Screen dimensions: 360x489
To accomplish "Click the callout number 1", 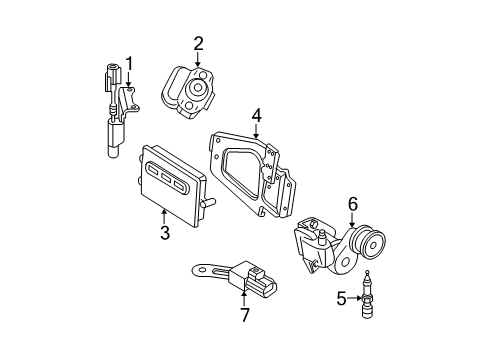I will (128, 63).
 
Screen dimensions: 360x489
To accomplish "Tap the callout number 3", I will (163, 234).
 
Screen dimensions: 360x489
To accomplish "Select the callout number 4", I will (257, 116).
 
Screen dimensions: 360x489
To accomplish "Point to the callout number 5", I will (343, 296).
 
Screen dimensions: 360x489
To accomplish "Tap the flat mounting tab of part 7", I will (206, 270).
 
